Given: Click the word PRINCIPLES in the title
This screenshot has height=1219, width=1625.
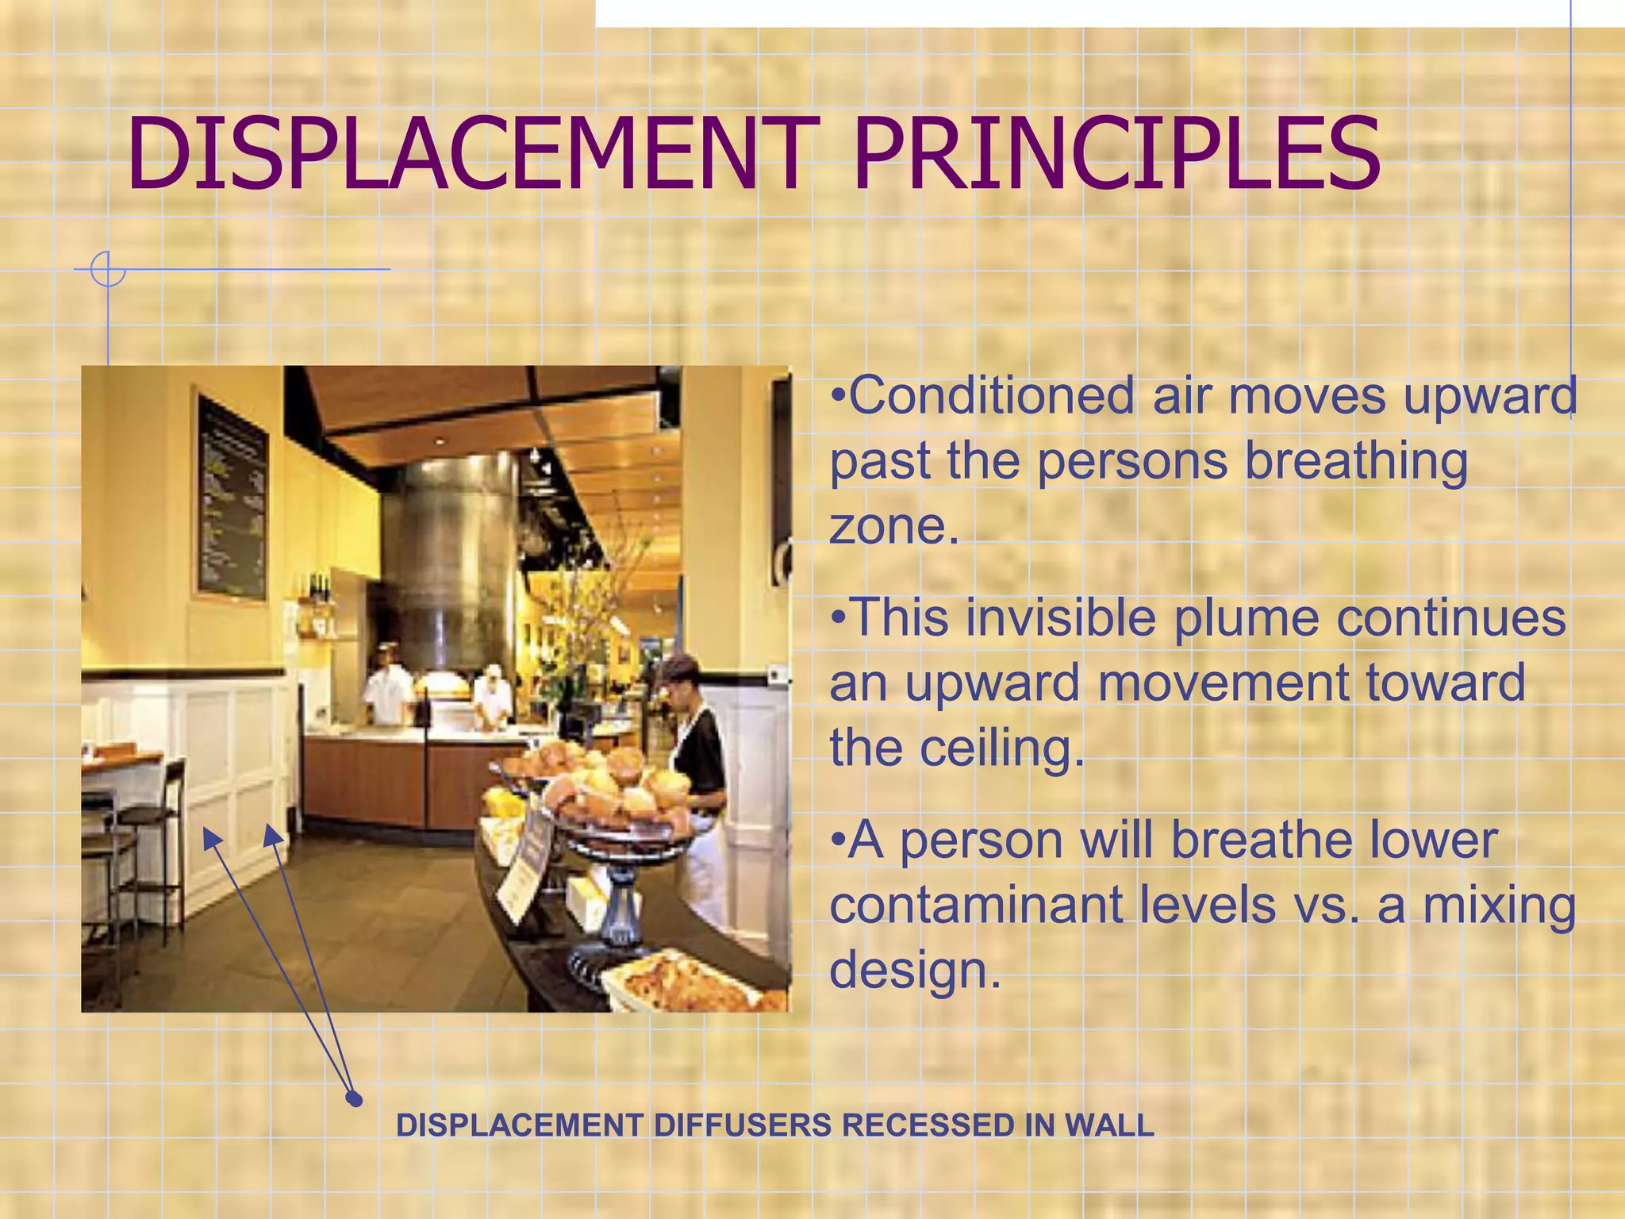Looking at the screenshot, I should (x=1116, y=155).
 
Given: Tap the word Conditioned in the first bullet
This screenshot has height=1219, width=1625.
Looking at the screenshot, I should (x=992, y=396).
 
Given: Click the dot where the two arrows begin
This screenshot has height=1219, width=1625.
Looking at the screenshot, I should (x=355, y=1099).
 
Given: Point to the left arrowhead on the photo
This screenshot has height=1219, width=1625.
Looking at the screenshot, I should (x=211, y=837).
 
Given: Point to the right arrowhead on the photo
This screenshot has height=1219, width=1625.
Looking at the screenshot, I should (x=272, y=833).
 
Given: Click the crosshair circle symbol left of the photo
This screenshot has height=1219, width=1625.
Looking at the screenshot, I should (x=108, y=269).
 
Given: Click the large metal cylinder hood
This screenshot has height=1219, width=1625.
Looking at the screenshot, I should (x=452, y=556).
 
